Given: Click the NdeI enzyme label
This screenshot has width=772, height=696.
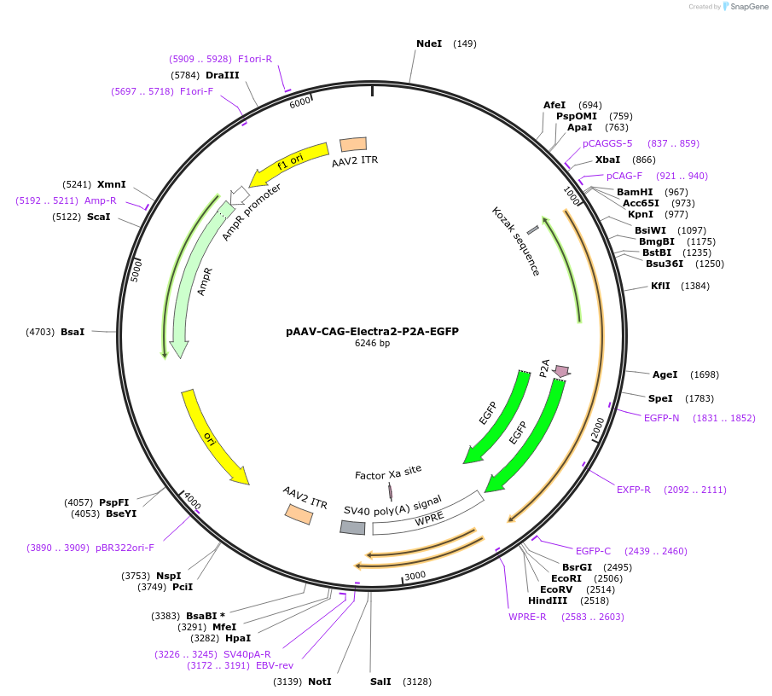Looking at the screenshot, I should (x=429, y=43).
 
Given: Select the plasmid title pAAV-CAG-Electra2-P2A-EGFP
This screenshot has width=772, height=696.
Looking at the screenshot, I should (x=372, y=331).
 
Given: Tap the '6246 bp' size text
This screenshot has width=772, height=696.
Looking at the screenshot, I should (x=372, y=344).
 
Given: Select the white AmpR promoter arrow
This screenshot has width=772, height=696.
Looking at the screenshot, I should (x=239, y=195).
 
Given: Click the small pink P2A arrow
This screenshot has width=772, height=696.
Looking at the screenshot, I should (x=561, y=371).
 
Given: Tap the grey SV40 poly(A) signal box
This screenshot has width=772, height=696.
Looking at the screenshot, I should (x=352, y=527).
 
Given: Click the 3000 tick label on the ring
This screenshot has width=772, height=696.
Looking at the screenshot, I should (x=415, y=576).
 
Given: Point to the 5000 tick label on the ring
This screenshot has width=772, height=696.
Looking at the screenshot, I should (x=136, y=270).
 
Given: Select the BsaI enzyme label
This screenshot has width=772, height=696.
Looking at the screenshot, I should (x=73, y=331).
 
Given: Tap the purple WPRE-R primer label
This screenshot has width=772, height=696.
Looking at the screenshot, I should (x=527, y=617).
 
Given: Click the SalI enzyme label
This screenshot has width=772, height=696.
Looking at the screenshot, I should (x=380, y=681).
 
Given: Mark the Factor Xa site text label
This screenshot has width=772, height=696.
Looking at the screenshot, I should (x=388, y=471).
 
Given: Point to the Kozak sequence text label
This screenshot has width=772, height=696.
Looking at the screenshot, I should (x=516, y=241).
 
